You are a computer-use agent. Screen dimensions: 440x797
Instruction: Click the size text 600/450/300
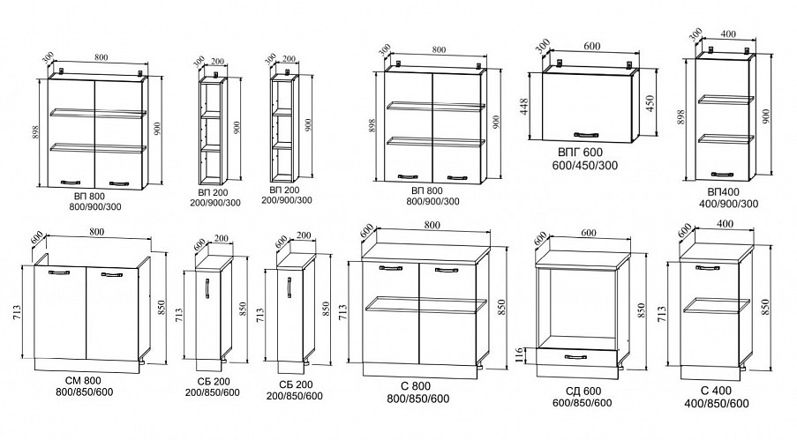click(583, 166)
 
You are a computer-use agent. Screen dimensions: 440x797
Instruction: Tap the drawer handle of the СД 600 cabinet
click(577, 356)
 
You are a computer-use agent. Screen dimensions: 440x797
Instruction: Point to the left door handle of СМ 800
click(59, 275)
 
